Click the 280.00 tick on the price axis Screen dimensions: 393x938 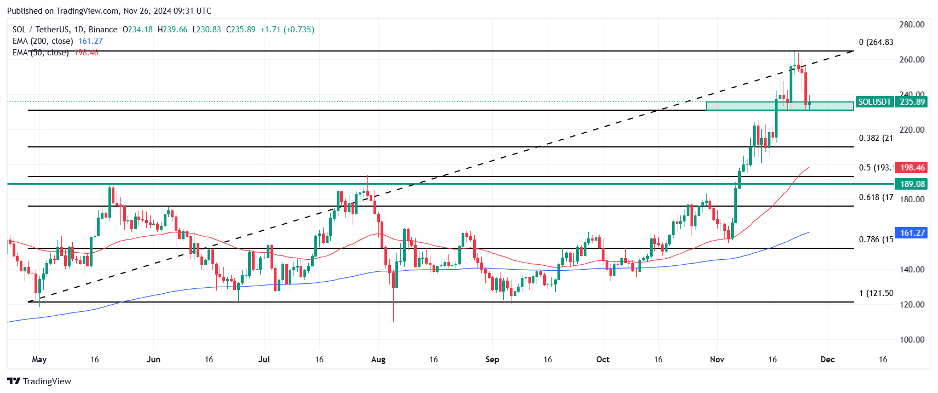coord(911,25)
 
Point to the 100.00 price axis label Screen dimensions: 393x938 coord(911,340)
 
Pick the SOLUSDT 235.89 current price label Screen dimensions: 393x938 coord(891,102)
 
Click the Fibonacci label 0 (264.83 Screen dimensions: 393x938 coord(876,42)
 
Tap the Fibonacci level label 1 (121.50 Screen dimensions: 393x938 coord(876,293)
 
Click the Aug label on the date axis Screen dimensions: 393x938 coord(378,360)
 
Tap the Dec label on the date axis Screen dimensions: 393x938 coord(827,360)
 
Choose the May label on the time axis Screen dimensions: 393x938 coord(39,360)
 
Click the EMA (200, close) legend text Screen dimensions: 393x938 coord(43,41)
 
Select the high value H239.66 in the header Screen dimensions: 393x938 coord(172,30)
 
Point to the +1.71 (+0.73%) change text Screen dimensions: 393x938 coord(287,30)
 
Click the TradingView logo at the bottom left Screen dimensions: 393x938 coord(39,381)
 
